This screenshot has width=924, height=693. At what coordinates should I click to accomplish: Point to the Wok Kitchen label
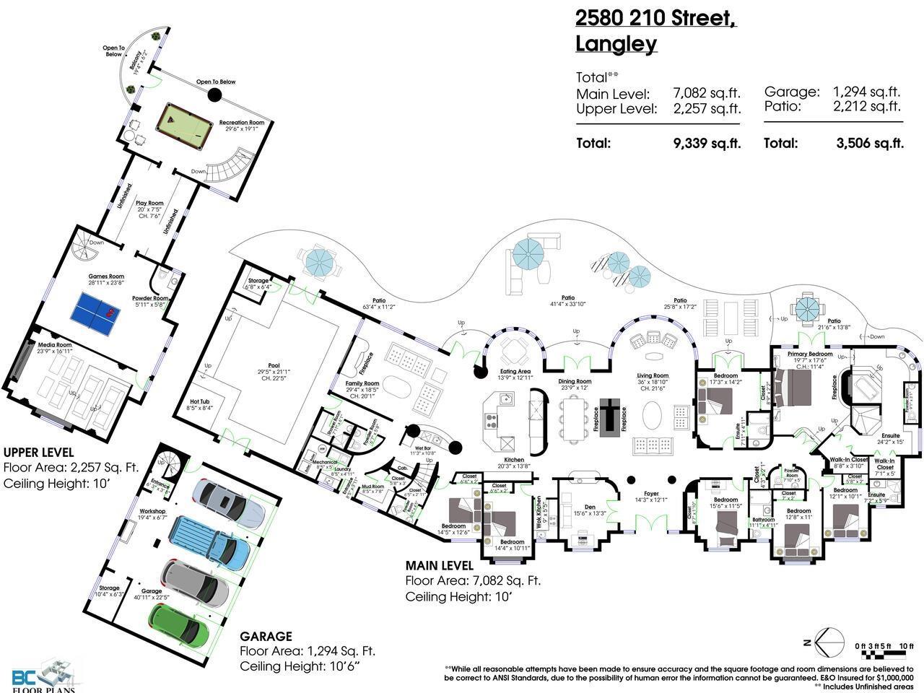[x=537, y=512]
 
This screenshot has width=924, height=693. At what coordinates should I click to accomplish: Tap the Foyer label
[x=651, y=494]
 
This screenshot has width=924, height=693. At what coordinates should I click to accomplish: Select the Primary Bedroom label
[x=810, y=354]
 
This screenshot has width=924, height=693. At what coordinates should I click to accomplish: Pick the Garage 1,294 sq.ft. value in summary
[x=866, y=92]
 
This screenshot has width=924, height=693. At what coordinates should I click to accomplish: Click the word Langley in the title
[x=616, y=44]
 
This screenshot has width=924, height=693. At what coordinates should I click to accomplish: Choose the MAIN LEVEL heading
[x=439, y=565]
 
